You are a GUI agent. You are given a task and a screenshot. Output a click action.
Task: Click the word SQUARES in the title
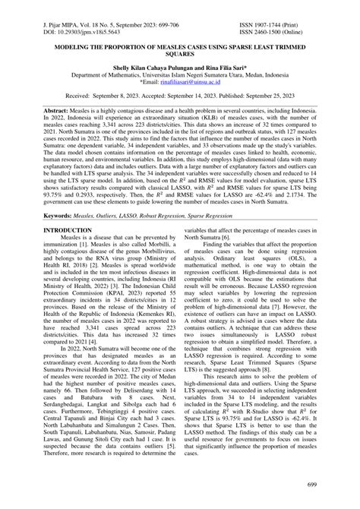(180, 55)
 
